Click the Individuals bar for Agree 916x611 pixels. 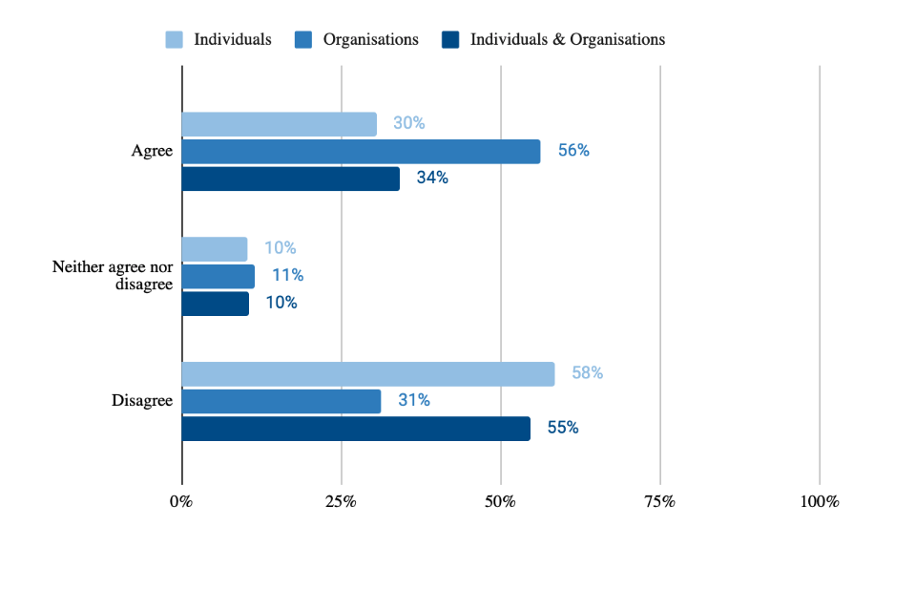pos(279,124)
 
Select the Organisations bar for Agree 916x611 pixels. pos(361,151)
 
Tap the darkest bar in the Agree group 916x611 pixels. pos(290,179)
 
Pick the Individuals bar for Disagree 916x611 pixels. pos(367,374)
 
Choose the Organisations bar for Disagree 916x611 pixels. pos(281,401)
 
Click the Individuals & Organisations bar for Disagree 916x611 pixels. pos(355,429)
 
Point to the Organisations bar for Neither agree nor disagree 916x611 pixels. pos(218,276)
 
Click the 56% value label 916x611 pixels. pos(573,151)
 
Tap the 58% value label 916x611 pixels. pos(587,373)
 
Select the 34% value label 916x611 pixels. pos(432,178)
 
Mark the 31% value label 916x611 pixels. pos(414,401)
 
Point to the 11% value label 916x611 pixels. pos(287,276)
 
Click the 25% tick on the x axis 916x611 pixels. pos(341,502)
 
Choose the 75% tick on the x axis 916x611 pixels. pos(659,502)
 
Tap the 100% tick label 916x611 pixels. pos(818,502)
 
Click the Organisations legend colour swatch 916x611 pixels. pos(303,40)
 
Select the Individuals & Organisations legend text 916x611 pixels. pos(568,40)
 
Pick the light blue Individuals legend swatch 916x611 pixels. pos(174,40)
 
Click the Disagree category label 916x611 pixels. pos(142,401)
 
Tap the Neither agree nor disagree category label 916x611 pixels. pos(113,276)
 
